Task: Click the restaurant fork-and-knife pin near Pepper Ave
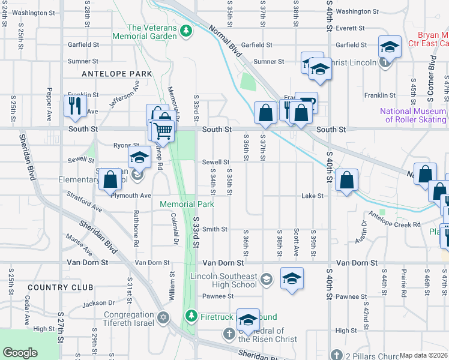coord(75,106)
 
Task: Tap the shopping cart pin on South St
coord(163,130)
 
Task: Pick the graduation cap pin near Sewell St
coord(139,158)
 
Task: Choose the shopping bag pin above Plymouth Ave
coord(111,179)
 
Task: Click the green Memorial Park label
coord(187,204)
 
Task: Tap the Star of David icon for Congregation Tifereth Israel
coord(164,317)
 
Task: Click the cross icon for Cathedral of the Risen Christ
coord(228,332)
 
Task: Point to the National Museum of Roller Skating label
coord(414,115)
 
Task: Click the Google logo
coord(20,353)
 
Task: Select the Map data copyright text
coord(423,355)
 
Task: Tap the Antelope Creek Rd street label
coord(394,219)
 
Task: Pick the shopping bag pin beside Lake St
coord(347,179)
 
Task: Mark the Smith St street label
coord(214,229)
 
